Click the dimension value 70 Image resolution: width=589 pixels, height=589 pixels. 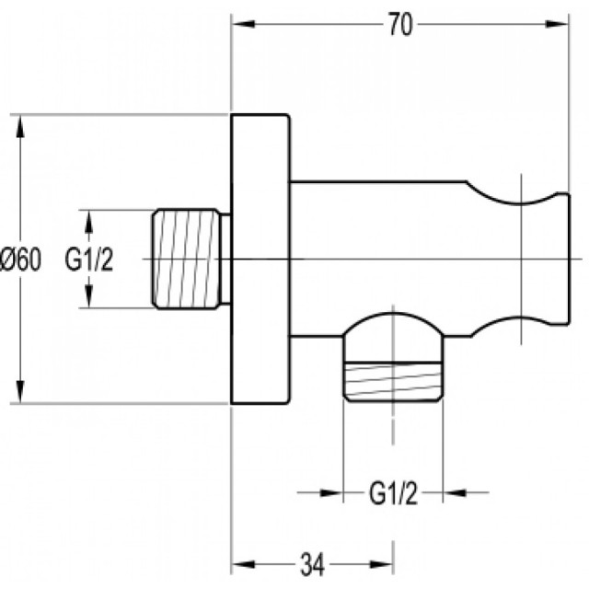click(x=400, y=25)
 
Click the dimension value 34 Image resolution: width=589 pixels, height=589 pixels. click(x=313, y=564)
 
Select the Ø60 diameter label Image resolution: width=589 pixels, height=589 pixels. click(x=20, y=260)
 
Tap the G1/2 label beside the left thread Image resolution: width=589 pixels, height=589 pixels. click(x=88, y=260)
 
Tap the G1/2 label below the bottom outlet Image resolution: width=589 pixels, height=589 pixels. click(x=393, y=494)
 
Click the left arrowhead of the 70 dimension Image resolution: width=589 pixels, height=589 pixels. click(x=243, y=24)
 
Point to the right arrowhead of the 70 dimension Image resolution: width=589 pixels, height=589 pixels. click(x=557, y=24)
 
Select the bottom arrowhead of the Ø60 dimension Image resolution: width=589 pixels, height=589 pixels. click(x=20, y=391)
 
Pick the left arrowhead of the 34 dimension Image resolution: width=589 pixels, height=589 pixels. click(x=243, y=564)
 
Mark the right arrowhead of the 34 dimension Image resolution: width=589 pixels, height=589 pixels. click(x=381, y=564)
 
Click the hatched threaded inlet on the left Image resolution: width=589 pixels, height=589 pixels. click(x=186, y=259)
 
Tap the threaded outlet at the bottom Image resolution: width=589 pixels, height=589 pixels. click(x=393, y=382)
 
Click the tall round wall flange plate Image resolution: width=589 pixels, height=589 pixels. click(x=260, y=259)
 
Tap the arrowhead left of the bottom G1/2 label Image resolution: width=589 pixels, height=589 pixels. click(x=330, y=492)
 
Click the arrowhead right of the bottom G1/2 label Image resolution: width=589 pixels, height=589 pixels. click(x=456, y=492)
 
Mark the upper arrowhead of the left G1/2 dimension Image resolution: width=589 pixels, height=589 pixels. click(x=89, y=222)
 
